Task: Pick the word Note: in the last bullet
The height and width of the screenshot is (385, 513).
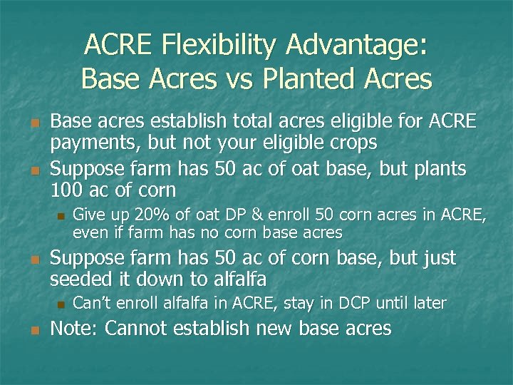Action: click(x=77, y=329)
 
